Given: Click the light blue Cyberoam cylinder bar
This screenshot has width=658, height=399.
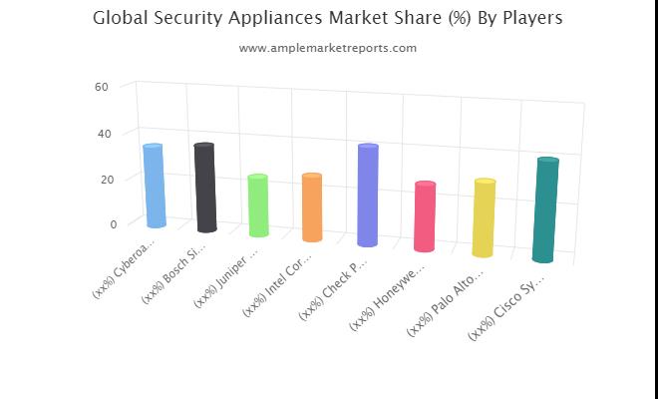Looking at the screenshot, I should [154, 186].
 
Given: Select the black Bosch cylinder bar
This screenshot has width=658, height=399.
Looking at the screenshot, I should [205, 188].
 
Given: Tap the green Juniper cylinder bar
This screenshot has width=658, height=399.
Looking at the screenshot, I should [258, 205].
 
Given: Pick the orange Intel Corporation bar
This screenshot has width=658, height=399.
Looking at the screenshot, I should [311, 207].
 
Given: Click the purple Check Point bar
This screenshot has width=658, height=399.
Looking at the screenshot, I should [368, 195].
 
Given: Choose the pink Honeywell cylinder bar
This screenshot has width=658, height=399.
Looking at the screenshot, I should [425, 216].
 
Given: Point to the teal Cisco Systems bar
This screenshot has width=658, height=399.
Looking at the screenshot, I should [544, 209].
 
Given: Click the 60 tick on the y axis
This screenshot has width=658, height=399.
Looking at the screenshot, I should [101, 87].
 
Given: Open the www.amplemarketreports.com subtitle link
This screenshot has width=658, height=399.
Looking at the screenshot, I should [328, 47].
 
